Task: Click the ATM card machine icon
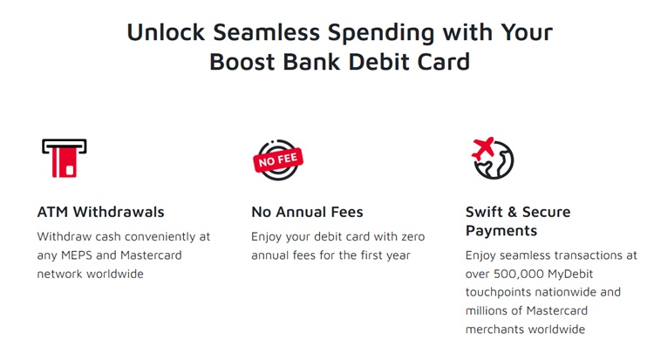(x=65, y=158)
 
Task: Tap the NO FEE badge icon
(x=276, y=159)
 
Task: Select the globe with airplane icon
(x=491, y=158)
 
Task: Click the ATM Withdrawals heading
(x=100, y=212)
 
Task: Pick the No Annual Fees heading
(x=307, y=212)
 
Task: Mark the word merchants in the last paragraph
(x=496, y=329)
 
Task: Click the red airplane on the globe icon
(x=481, y=147)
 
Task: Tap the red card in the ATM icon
(x=65, y=162)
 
